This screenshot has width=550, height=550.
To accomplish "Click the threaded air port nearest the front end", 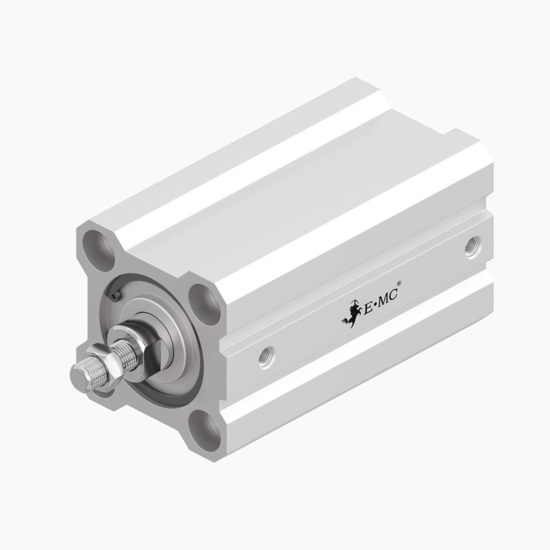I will [266, 356].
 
